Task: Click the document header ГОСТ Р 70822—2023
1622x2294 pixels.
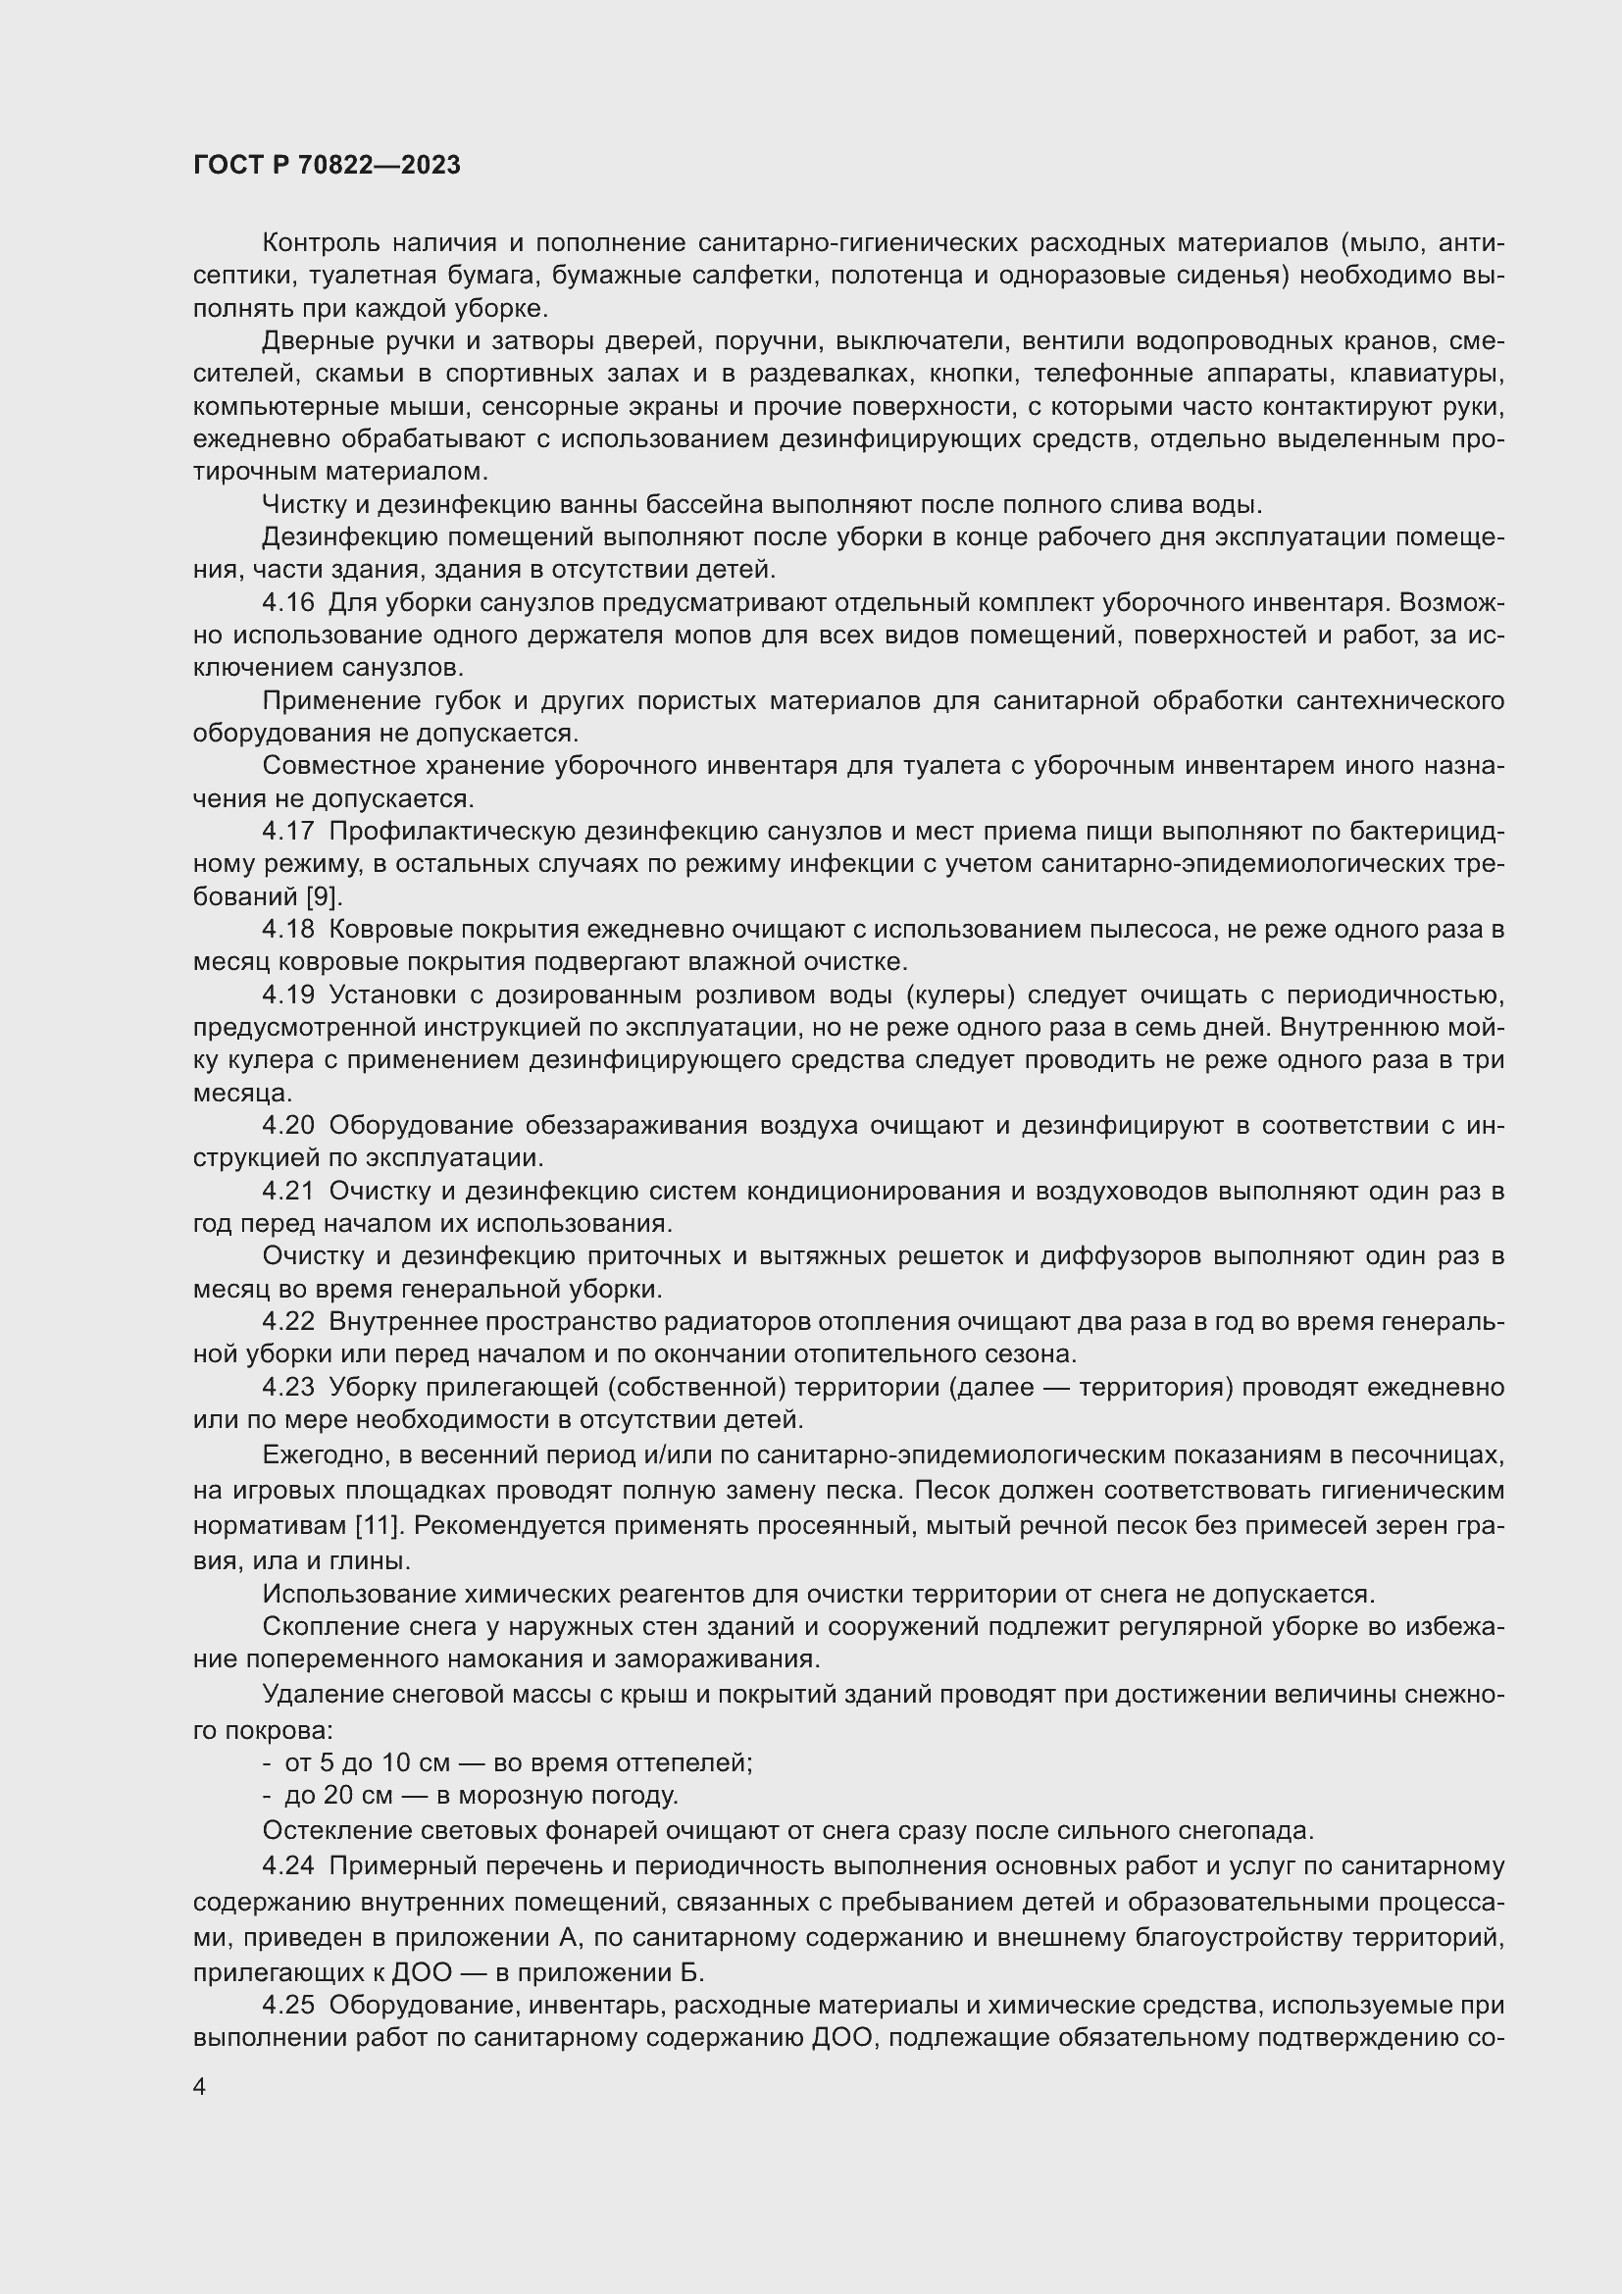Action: tap(327, 166)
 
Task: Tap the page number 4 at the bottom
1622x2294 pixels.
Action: tap(200, 2086)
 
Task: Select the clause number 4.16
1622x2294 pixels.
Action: tap(287, 602)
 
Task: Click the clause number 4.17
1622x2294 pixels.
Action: tap(287, 832)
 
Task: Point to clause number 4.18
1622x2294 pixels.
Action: tap(287, 929)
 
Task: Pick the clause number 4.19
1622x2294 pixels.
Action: tap(287, 995)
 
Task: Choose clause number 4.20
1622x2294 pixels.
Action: tap(287, 1126)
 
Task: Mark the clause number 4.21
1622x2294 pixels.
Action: tap(287, 1191)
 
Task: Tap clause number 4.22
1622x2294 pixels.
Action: tap(287, 1322)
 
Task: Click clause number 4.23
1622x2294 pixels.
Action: tap(287, 1388)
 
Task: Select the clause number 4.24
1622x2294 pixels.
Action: tap(287, 1866)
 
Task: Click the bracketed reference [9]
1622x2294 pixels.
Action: tap(325, 896)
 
